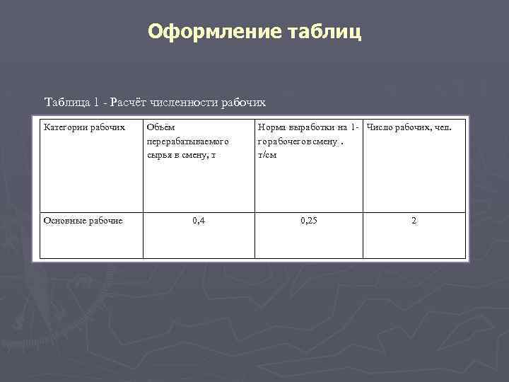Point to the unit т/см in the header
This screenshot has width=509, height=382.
pos(267,155)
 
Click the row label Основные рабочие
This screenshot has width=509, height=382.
pos(83,221)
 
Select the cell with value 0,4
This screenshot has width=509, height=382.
pos(199,221)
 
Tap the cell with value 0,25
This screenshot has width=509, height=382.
pos(309,221)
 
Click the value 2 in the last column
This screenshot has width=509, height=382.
pos(414,221)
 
